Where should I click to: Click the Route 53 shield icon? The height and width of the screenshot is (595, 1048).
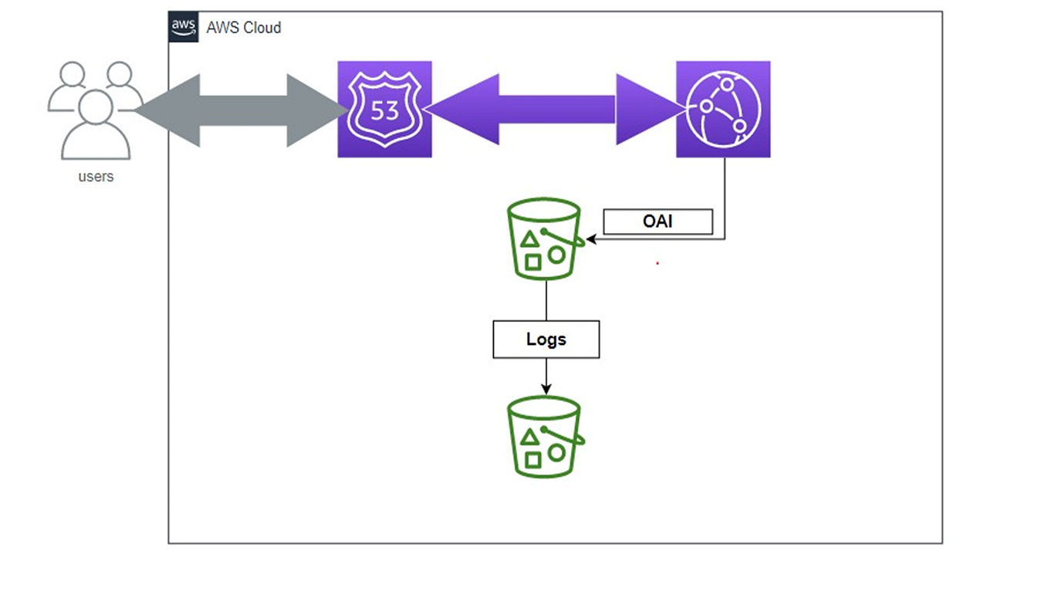pos(384,109)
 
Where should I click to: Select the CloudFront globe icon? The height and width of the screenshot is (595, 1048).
pos(723,109)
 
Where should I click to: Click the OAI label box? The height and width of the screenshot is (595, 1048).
pos(658,222)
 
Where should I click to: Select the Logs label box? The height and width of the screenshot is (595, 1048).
pos(546,340)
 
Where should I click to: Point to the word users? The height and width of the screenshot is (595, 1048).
pos(96,177)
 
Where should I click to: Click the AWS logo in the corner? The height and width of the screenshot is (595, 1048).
pos(184,27)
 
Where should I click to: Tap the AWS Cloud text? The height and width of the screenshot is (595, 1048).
pos(243,28)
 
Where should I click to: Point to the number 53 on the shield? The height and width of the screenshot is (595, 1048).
pos(384,110)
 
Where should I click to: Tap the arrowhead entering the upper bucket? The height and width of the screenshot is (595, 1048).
pos(592,239)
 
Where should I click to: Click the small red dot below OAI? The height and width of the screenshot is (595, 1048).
pos(658,263)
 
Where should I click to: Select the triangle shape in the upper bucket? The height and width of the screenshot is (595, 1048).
pos(530,239)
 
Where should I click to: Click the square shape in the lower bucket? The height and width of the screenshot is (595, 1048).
pos(532,461)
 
